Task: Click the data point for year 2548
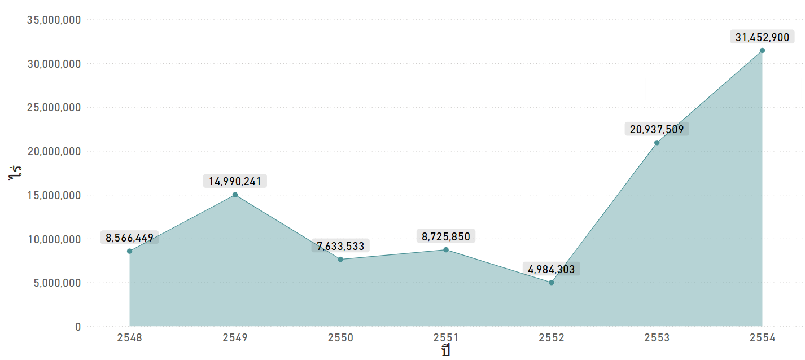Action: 129,251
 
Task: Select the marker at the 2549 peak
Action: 235,195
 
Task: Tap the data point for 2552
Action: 552,282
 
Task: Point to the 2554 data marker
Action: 762,50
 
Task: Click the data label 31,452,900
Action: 762,38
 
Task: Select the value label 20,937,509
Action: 657,129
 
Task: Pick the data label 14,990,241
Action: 235,181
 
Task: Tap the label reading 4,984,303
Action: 552,269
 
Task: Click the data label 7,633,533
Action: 340,246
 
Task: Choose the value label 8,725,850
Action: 446,236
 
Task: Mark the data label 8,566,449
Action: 129,238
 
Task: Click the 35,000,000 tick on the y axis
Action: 54,20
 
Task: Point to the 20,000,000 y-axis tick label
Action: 54,151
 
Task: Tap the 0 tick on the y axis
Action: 78,327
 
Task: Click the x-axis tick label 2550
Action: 340,338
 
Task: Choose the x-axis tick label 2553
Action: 657,338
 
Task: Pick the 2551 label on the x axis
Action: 446,338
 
